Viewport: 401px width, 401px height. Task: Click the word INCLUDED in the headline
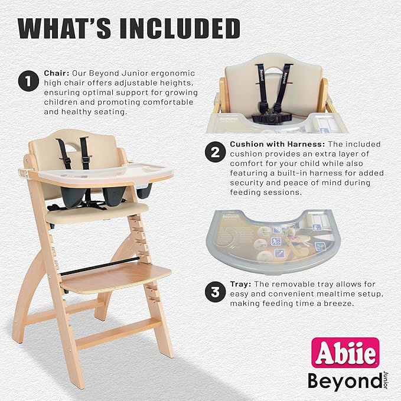(181, 28)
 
